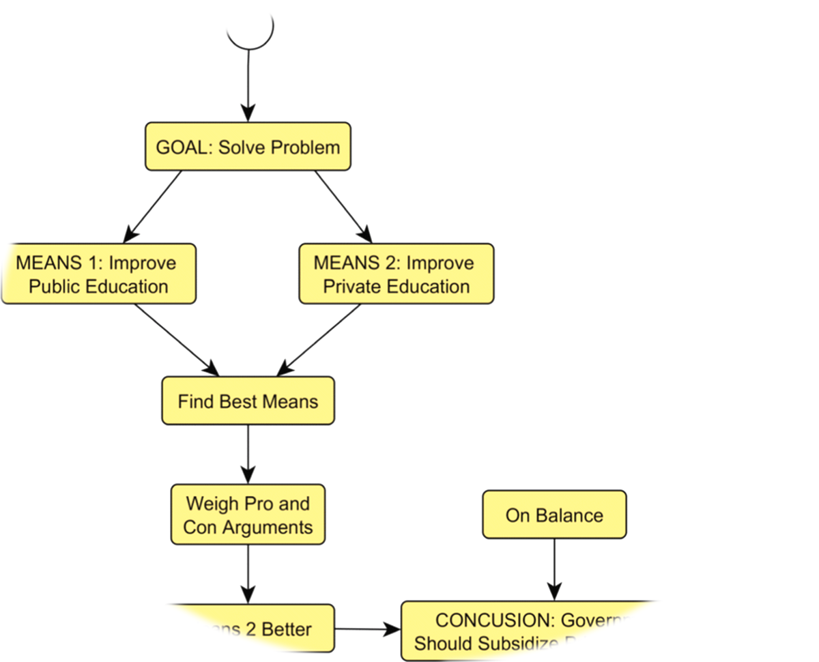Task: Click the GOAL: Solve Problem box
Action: coord(248,147)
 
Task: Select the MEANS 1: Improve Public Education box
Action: coord(99,274)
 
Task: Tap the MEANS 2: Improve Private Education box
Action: coord(396,274)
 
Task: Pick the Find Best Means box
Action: coord(248,401)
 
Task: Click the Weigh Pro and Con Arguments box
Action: coord(248,515)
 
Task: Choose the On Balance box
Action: coord(554,515)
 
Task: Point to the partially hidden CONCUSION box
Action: coord(526,631)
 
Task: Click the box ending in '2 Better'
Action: coord(273,629)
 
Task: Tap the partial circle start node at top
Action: coord(250,31)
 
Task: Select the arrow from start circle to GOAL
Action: coord(248,85)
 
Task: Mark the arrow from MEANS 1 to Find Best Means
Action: coord(176,339)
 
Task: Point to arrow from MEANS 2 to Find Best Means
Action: coord(319,339)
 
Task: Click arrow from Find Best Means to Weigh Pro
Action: coord(248,454)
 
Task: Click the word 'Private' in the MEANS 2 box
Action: coord(353,286)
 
